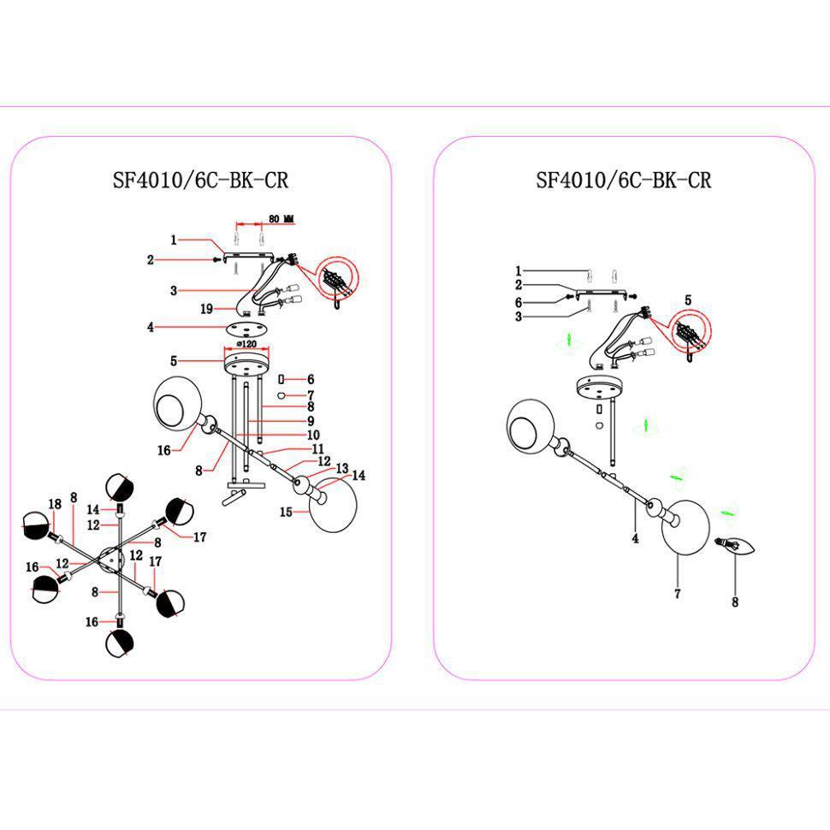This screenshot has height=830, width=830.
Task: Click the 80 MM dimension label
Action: tap(282, 219)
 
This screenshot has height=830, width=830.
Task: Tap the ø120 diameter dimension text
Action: tap(246, 344)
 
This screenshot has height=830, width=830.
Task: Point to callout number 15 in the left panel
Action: tap(288, 512)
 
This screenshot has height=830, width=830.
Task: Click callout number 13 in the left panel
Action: tap(342, 468)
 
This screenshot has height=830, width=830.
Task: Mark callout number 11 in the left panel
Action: tap(317, 448)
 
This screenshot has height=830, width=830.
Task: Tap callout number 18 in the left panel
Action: tap(55, 505)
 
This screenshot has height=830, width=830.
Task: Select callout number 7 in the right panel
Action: tap(677, 594)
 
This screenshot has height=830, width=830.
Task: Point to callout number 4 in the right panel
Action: tap(636, 539)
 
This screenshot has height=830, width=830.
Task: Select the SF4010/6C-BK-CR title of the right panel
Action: tap(624, 181)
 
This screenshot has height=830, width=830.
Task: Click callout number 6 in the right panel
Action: tap(519, 302)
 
